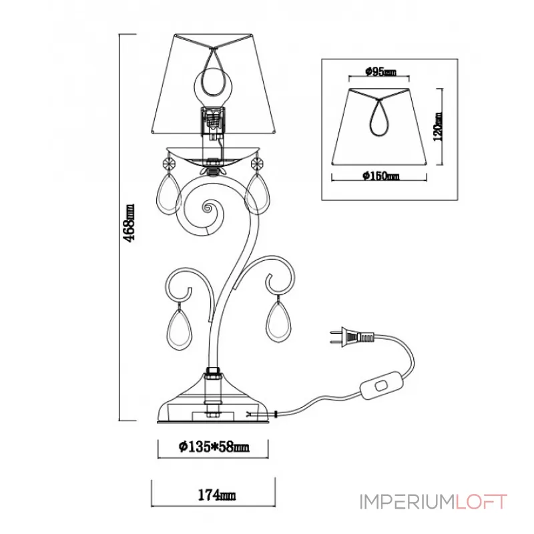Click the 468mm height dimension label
pos(129,223)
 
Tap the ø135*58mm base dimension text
pos(214,447)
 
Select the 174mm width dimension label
pos(216,495)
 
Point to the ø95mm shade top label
pos(380,72)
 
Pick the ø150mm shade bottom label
pos(380,176)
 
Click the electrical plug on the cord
pos(352,336)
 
